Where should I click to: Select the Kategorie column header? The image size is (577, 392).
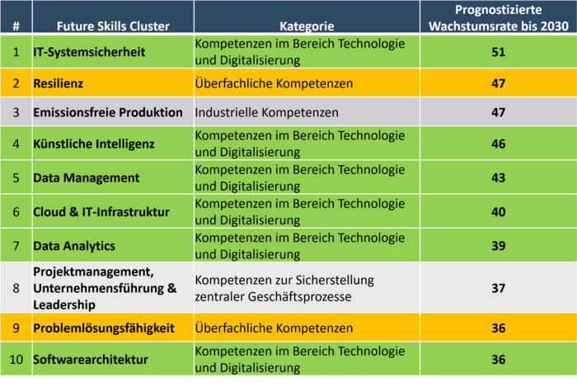pyautogui.click(x=305, y=25)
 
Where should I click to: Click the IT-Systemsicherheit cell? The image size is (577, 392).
pyautogui.click(x=88, y=52)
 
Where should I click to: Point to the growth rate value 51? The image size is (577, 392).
pyautogui.click(x=497, y=52)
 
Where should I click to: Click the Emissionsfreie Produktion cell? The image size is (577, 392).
pyautogui.click(x=107, y=112)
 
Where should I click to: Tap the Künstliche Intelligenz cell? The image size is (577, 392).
pyautogui.click(x=93, y=144)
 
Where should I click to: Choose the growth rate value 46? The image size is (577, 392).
pyautogui.click(x=497, y=144)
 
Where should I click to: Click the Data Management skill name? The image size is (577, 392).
pyautogui.click(x=86, y=177)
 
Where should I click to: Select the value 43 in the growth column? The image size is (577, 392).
pyautogui.click(x=497, y=177)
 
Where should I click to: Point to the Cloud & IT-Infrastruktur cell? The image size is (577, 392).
pyautogui.click(x=101, y=212)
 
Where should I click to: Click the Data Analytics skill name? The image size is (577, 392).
pyautogui.click(x=73, y=246)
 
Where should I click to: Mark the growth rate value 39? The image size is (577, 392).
pyautogui.click(x=497, y=246)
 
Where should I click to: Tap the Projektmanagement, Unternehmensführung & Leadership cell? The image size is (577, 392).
pyautogui.click(x=105, y=287)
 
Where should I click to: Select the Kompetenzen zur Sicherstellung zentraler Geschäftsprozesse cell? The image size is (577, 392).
pyautogui.click(x=284, y=287)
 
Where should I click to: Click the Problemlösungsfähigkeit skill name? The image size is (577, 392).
pyautogui.click(x=103, y=328)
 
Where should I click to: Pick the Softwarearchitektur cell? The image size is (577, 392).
pyautogui.click(x=90, y=360)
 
